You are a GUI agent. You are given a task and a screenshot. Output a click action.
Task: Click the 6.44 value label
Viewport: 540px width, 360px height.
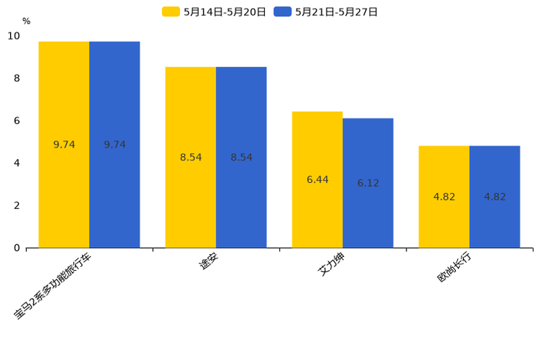click(317, 180)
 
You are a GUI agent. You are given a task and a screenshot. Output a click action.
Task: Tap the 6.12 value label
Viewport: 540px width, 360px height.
click(368, 184)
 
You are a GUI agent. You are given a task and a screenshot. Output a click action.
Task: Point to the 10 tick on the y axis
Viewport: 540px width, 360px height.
click(14, 36)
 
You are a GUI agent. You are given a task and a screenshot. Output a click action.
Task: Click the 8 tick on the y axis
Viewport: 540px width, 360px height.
click(17, 78)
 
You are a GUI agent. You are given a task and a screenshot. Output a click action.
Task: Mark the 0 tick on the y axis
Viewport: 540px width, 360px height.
click(17, 248)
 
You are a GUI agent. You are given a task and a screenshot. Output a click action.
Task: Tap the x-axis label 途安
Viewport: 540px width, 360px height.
click(208, 261)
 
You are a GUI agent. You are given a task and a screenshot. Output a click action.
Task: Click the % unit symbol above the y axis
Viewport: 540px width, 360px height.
click(26, 22)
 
